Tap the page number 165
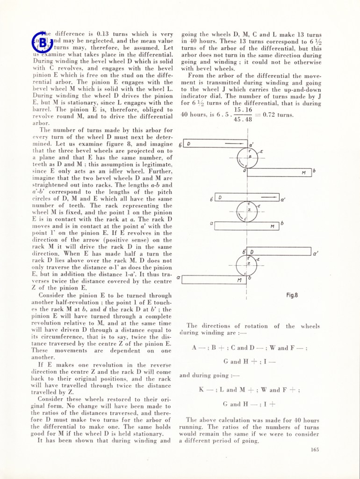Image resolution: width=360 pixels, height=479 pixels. pyautogui.click(x=314, y=450)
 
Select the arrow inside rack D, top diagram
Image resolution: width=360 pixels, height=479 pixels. pyautogui.click(x=232, y=144)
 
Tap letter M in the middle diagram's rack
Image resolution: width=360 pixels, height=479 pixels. pyautogui.click(x=272, y=226)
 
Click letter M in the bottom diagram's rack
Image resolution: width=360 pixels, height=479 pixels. pyautogui.click(x=239, y=280)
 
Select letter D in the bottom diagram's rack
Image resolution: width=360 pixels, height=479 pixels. pyautogui.click(x=252, y=252)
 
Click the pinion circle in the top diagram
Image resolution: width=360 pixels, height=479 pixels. pyautogui.click(x=247, y=158)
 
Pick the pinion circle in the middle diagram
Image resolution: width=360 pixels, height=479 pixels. pyautogui.click(x=247, y=211)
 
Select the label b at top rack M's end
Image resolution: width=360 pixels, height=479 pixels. pyautogui.click(x=314, y=171)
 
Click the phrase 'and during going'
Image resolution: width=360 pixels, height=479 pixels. pyautogui.click(x=203, y=375)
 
